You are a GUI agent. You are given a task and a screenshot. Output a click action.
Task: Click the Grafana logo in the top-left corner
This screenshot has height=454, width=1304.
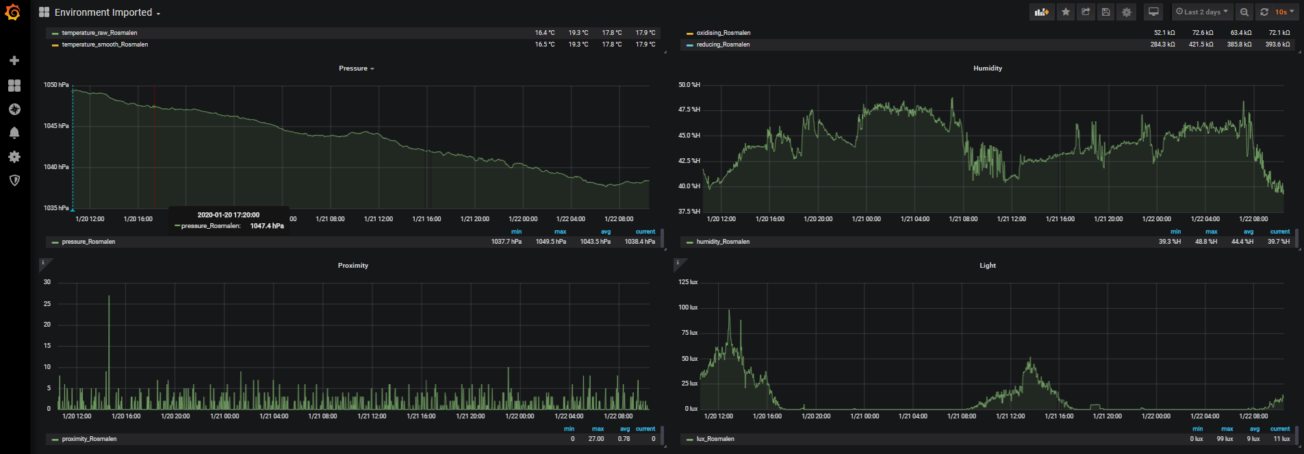click(x=13, y=12)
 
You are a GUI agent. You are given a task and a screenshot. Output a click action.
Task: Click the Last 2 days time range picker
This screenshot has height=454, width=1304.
click(x=1201, y=12)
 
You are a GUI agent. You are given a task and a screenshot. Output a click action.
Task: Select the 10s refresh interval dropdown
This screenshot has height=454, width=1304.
click(x=1284, y=12)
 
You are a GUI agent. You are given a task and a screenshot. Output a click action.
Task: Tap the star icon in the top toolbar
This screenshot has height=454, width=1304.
click(x=1066, y=12)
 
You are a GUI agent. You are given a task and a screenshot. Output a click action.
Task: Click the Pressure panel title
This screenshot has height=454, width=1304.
click(x=353, y=68)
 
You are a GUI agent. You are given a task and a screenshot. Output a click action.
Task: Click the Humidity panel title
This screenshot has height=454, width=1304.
click(x=988, y=68)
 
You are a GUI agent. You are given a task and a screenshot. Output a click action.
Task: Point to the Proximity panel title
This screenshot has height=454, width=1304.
click(x=353, y=266)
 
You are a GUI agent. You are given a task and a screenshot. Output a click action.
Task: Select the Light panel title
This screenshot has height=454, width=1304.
click(x=988, y=266)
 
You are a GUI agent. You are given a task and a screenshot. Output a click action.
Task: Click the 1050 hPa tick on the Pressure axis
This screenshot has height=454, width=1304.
click(x=56, y=85)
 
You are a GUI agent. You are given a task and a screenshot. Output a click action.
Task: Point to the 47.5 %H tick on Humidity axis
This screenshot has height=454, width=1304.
click(x=689, y=110)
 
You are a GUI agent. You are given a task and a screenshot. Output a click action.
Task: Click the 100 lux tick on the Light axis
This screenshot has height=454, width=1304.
click(x=688, y=307)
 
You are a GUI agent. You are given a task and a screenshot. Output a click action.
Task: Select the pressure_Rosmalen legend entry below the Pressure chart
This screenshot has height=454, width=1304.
click(x=88, y=242)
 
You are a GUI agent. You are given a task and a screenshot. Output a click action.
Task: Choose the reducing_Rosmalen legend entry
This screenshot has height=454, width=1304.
click(x=723, y=45)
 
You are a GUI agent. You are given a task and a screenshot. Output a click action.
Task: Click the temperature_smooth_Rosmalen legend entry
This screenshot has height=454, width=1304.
click(x=105, y=45)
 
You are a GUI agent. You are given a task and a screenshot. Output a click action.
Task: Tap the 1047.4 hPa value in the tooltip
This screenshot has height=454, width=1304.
click(x=267, y=226)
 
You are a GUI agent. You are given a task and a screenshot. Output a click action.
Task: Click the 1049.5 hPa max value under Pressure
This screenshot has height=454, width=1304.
click(x=551, y=242)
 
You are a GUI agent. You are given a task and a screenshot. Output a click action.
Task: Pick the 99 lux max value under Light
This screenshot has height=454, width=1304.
click(x=1225, y=439)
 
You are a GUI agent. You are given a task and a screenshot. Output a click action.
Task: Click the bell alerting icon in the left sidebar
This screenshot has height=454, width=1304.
click(x=14, y=133)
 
